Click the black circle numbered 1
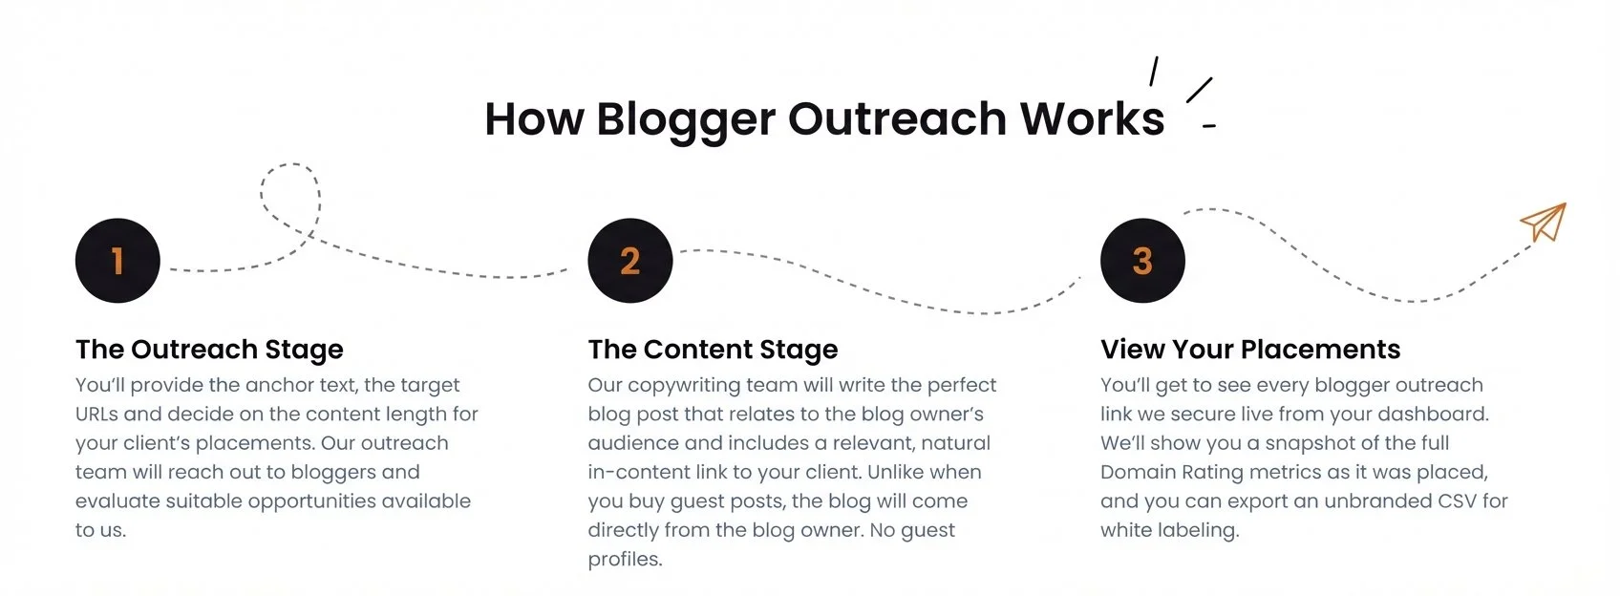click(117, 261)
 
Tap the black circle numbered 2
click(629, 261)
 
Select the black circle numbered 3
click(1142, 261)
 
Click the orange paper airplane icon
click(1545, 222)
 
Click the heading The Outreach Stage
click(209, 350)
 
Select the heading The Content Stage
click(713, 350)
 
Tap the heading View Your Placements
click(1250, 350)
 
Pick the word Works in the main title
click(1092, 119)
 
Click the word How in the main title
click(534, 119)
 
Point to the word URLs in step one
click(96, 415)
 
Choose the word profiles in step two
click(625, 560)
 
